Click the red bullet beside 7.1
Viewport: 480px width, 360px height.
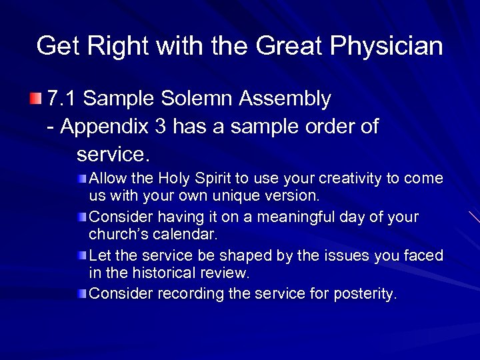point(35,99)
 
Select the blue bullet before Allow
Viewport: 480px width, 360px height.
point(81,179)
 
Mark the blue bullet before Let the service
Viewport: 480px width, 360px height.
point(81,256)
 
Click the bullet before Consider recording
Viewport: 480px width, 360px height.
point(81,294)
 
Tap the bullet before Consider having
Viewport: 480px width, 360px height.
point(81,217)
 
